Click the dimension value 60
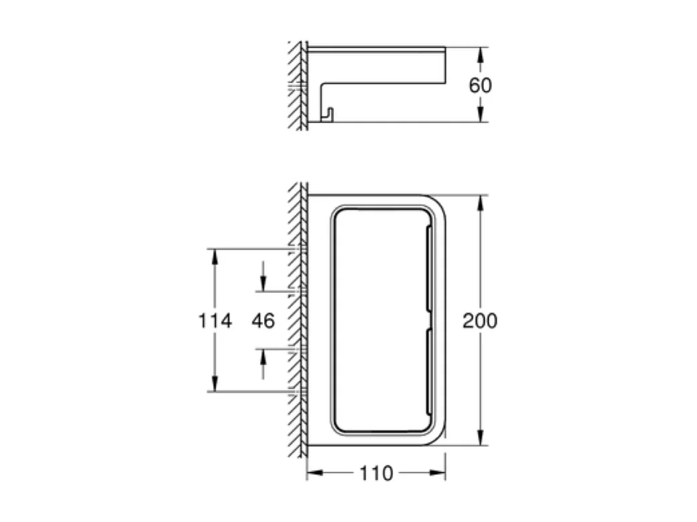click(480, 86)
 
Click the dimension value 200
click(480, 321)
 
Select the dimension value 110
click(376, 474)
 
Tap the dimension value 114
click(215, 321)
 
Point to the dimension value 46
click(263, 321)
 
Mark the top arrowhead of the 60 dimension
click(480, 54)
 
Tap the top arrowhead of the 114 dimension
click(215, 256)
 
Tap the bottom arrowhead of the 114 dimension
click(215, 384)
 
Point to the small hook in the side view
click(327, 115)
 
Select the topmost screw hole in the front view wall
click(299, 249)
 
